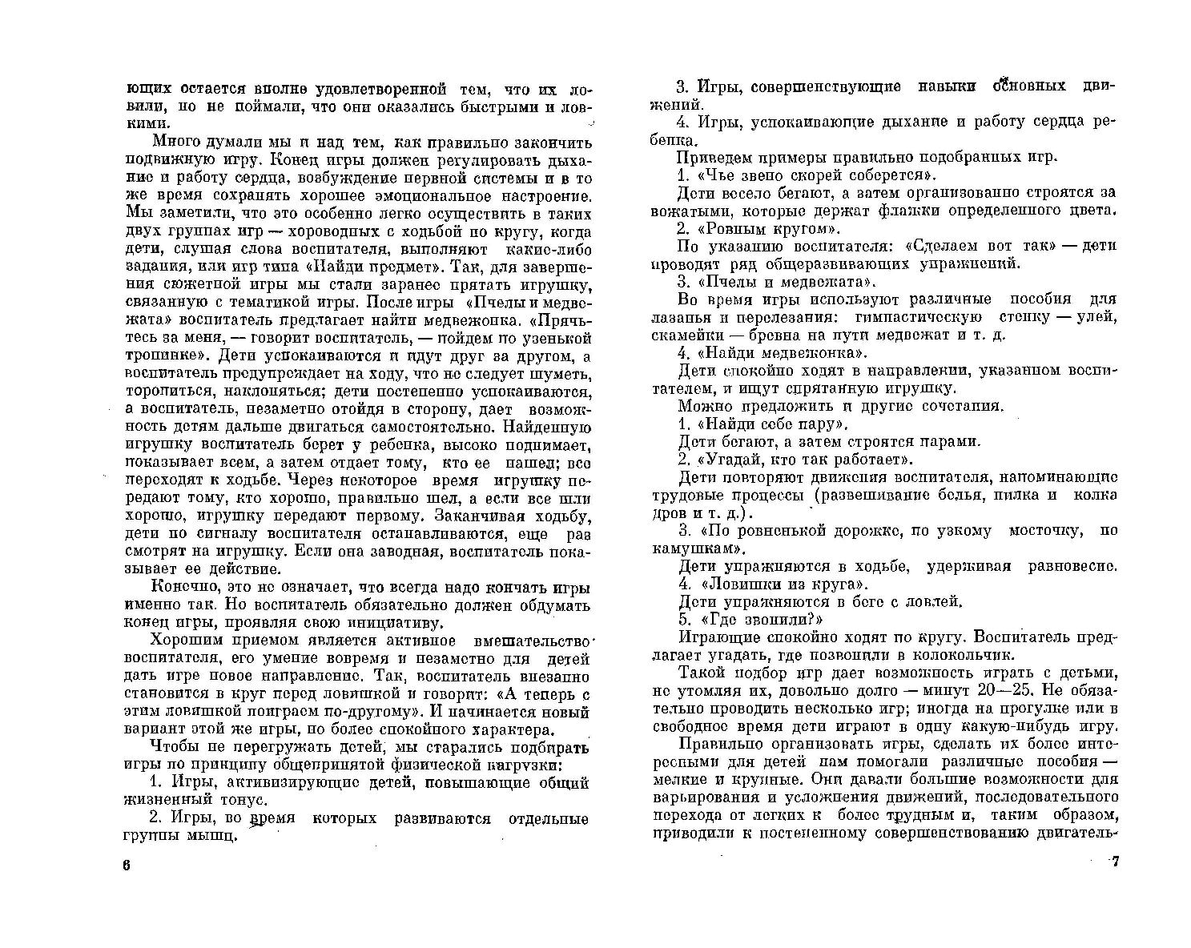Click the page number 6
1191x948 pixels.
pyautogui.click(x=126, y=866)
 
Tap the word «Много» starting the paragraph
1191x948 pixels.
pyautogui.click(x=173, y=143)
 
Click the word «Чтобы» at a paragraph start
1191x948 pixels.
pyautogui.click(x=172, y=747)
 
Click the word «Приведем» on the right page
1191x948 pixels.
pyautogui.click(x=711, y=157)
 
